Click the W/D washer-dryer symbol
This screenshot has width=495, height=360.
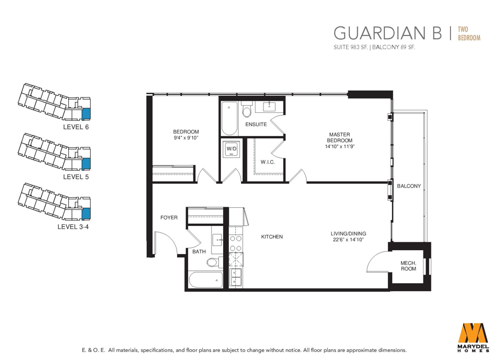point(232,149)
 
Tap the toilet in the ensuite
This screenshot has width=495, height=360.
point(246,109)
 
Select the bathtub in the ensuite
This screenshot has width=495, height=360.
point(229,118)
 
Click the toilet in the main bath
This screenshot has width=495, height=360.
point(215,262)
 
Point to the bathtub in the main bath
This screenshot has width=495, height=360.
point(206,280)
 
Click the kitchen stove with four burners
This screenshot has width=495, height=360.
point(236,243)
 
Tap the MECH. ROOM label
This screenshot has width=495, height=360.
point(408,266)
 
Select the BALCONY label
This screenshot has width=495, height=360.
point(409,186)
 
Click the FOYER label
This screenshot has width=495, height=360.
point(169,217)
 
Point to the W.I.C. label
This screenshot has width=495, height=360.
point(268,162)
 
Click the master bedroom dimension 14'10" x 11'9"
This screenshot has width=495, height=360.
point(340,146)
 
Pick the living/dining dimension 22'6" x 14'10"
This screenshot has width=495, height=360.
point(349,240)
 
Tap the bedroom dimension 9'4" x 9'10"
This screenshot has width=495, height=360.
point(186,138)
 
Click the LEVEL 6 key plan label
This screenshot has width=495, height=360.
point(76,127)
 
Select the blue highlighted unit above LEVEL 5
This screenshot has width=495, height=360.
point(86,164)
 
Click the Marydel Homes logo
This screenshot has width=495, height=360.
point(473,337)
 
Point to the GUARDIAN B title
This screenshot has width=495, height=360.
point(388,33)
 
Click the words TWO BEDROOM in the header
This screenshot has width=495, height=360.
point(469,33)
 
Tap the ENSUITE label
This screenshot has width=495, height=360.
point(256,125)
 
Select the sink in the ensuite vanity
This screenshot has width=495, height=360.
point(269,107)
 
